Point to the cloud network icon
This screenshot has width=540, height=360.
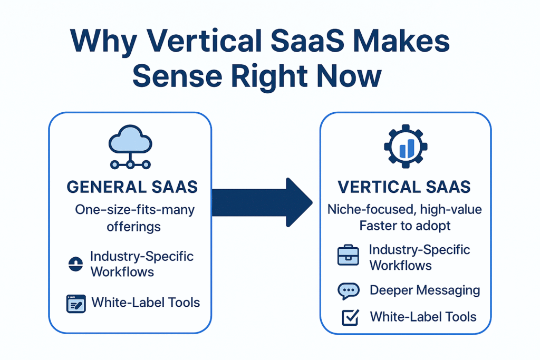130,146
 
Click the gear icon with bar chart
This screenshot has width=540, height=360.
406,147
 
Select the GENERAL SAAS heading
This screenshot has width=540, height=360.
132,187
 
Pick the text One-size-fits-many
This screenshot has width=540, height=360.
134,210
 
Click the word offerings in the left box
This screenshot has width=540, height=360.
134,227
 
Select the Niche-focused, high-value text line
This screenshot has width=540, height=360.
404,209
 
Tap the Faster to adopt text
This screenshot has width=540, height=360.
404,226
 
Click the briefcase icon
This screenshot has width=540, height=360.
348,257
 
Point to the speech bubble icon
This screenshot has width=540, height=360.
348,290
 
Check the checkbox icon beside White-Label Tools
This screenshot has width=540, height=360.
350,317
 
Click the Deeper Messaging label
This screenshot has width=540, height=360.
425,290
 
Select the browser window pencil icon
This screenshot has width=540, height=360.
76,304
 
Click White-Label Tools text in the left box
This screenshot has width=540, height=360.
146,303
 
